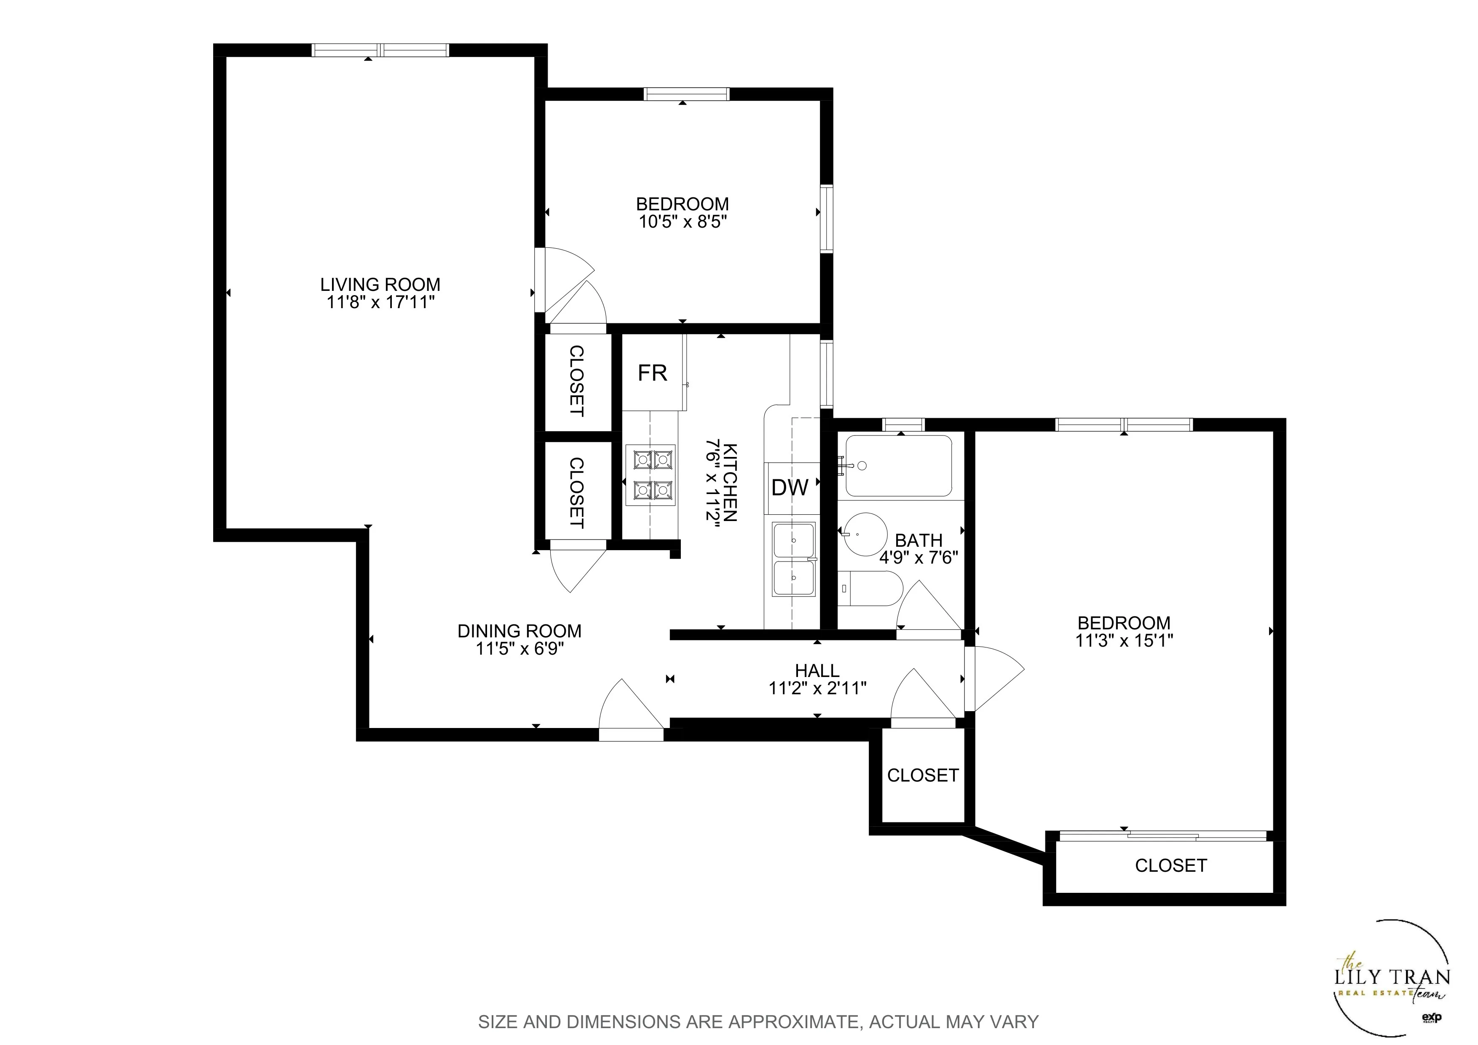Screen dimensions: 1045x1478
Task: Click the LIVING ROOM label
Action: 380,284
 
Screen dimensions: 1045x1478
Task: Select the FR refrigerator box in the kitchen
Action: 652,373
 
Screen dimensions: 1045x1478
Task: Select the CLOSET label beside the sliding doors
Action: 1170,865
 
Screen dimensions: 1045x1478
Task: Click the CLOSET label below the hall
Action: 922,775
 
